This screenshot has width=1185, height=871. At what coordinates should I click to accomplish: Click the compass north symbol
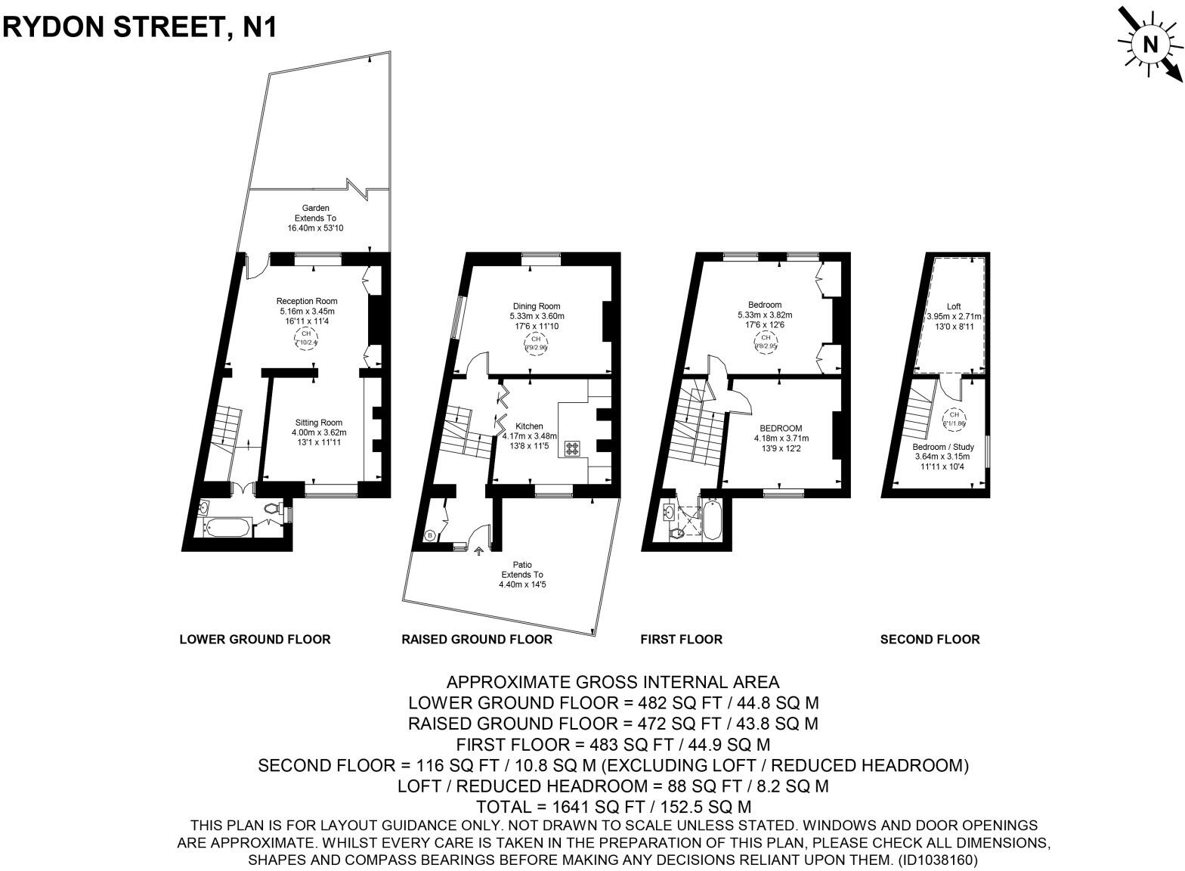(1149, 45)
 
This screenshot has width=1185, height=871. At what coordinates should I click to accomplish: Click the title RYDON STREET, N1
(140, 26)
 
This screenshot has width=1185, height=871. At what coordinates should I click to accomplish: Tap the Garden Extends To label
(316, 218)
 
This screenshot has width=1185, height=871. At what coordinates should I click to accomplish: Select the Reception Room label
(306, 311)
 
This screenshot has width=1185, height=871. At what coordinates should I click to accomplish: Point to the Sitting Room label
(318, 432)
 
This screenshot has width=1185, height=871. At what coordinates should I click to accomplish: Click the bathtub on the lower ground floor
(226, 527)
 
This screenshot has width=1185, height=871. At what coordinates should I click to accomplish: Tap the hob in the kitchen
(572, 448)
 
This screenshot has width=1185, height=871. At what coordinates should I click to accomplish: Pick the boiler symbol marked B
(430, 536)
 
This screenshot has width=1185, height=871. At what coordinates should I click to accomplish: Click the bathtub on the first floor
(712, 520)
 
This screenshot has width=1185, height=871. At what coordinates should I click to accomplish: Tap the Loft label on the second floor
(954, 316)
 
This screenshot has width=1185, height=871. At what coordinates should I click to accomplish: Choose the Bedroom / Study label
(942, 456)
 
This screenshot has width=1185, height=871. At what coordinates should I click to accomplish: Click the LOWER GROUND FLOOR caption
(255, 639)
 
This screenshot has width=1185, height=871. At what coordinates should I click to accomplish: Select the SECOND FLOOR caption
(930, 639)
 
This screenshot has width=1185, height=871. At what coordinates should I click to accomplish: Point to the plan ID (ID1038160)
(937, 860)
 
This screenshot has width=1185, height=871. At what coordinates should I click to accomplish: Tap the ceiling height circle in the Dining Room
(536, 344)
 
